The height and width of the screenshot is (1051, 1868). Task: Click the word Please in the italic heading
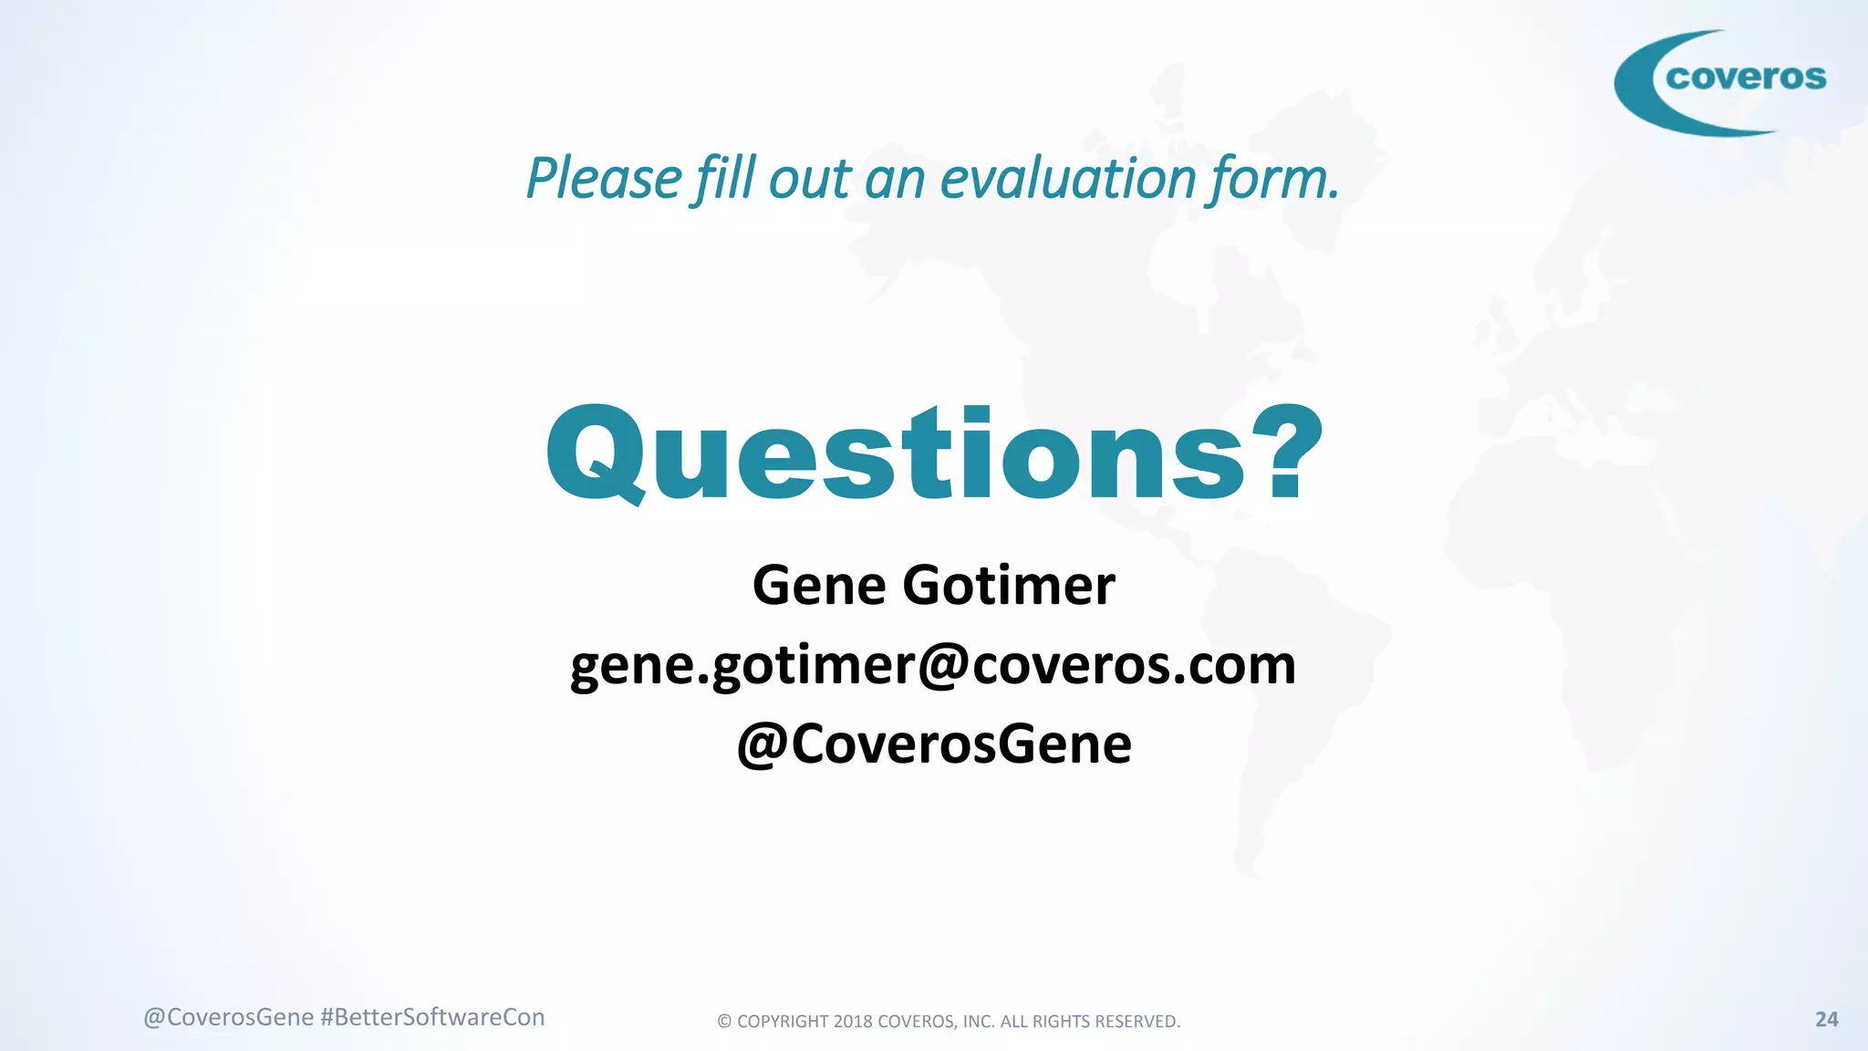click(x=604, y=178)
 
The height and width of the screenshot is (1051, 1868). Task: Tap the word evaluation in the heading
click(x=1068, y=178)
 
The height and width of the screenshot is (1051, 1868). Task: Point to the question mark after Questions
click(x=1286, y=452)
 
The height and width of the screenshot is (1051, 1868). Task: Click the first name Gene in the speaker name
click(x=819, y=585)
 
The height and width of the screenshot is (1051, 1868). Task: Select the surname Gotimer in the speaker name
click(x=1009, y=585)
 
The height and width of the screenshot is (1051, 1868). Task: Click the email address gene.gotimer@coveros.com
click(x=932, y=665)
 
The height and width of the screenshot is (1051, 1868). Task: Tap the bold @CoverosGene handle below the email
click(x=934, y=744)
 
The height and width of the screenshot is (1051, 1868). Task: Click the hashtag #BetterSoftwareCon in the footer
click(x=432, y=1017)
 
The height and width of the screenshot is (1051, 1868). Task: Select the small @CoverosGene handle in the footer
click(x=229, y=1017)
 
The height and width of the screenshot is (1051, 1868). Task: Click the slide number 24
click(x=1826, y=1019)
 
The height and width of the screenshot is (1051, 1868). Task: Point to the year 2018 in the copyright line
click(x=853, y=1022)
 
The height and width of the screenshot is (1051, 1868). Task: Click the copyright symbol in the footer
click(x=724, y=1022)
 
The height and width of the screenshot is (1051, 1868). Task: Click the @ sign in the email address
click(x=943, y=665)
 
